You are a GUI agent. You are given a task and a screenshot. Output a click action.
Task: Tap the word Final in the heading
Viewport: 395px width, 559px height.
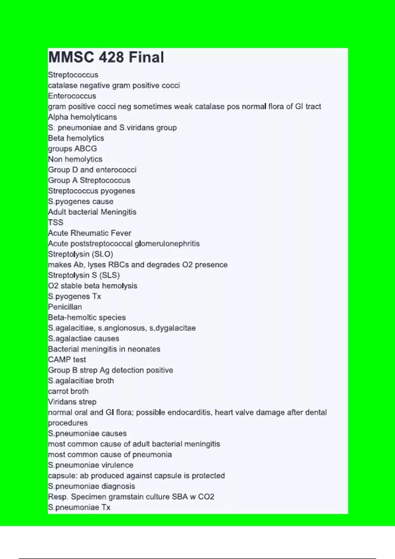click(146, 57)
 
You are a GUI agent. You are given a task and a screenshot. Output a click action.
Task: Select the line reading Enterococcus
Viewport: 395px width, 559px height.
click(72, 96)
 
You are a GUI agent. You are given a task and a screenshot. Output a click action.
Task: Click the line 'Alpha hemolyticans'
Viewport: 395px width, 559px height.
click(82, 117)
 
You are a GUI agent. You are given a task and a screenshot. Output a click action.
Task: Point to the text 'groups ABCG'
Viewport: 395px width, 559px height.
click(72, 149)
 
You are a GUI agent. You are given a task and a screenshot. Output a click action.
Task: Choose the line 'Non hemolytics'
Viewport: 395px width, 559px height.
click(75, 159)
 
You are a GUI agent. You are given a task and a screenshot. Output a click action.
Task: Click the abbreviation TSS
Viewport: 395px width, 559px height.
click(56, 223)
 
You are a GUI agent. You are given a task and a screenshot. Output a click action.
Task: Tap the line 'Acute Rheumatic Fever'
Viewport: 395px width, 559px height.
click(90, 233)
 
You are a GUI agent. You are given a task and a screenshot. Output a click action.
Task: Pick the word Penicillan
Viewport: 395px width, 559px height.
click(65, 307)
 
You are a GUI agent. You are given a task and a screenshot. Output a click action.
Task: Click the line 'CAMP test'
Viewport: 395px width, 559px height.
click(67, 360)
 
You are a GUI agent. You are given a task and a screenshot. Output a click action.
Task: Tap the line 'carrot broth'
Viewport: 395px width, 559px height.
click(68, 391)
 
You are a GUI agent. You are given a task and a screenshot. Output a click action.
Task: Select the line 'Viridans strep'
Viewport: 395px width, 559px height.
click(72, 402)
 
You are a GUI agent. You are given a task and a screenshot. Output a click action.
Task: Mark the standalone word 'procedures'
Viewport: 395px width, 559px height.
click(68, 423)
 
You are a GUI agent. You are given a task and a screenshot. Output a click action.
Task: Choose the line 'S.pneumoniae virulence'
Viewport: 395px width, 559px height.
click(91, 465)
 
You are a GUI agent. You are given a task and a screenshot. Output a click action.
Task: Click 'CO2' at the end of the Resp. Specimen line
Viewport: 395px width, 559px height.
click(206, 497)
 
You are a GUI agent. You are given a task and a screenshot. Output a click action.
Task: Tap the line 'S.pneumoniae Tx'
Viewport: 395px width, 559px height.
click(79, 507)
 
